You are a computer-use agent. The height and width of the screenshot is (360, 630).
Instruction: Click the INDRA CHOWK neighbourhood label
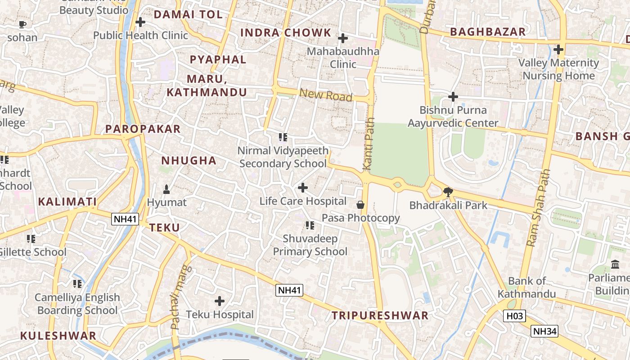pyautogui.click(x=286, y=33)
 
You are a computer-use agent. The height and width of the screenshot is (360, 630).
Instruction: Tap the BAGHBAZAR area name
pyautogui.click(x=488, y=32)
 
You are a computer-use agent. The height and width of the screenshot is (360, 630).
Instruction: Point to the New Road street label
pyautogui.click(x=325, y=95)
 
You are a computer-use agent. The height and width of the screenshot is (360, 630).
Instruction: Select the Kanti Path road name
pyautogui.click(x=369, y=144)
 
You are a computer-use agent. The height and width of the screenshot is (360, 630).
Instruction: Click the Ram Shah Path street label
pyautogui.click(x=538, y=207)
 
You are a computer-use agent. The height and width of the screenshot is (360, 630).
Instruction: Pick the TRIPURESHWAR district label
pyautogui.click(x=380, y=315)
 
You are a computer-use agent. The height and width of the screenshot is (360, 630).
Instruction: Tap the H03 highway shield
pyautogui.click(x=514, y=316)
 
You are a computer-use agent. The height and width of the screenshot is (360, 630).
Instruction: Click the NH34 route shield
pyautogui.click(x=545, y=332)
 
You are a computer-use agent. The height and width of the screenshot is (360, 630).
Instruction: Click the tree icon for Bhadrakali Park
pyautogui.click(x=448, y=192)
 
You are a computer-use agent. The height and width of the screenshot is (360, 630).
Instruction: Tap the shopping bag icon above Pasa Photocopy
pyautogui.click(x=360, y=205)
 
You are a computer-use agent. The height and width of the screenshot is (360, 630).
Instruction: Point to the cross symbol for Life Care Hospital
pyautogui.click(x=303, y=188)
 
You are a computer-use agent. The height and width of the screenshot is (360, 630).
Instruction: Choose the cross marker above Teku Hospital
pyautogui.click(x=220, y=301)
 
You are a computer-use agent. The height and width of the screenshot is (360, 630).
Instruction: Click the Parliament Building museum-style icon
pyautogui.click(x=615, y=264)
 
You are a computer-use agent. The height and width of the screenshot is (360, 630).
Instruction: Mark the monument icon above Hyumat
pyautogui.click(x=166, y=189)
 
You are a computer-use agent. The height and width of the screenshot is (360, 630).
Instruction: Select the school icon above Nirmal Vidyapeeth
pyautogui.click(x=283, y=137)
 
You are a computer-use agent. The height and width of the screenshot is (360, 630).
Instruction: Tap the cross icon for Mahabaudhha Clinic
pyautogui.click(x=343, y=38)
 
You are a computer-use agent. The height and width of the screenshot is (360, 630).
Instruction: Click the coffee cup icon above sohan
pyautogui.click(x=22, y=24)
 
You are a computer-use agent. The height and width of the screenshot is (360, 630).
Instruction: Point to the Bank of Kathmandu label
pyautogui.click(x=527, y=288)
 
